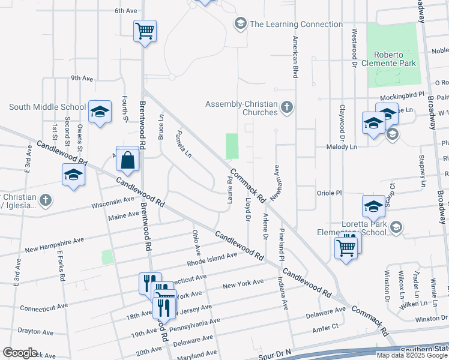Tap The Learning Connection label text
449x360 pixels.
click(x=296, y=24)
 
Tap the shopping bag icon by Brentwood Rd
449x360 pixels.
click(x=128, y=160)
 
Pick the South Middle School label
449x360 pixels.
click(x=47, y=107)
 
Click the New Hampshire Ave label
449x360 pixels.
click(x=54, y=245)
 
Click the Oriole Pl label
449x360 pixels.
click(x=329, y=193)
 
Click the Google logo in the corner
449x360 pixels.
click(x=20, y=352)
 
